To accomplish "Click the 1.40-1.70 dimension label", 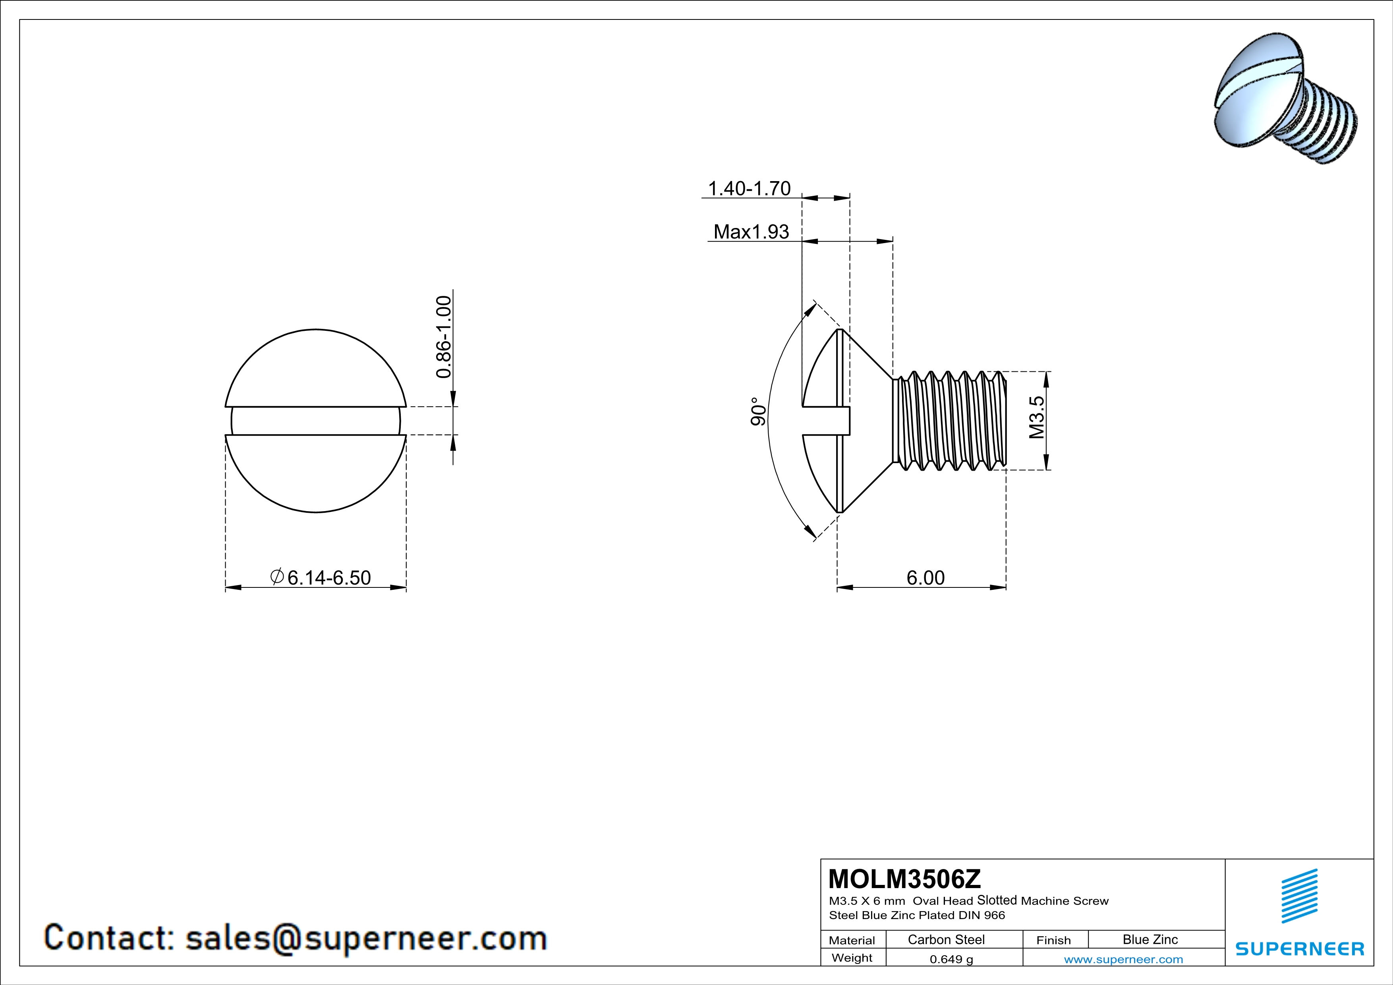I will pyautogui.click(x=749, y=189).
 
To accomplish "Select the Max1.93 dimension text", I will pyautogui.click(x=751, y=232).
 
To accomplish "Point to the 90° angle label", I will pyautogui.click(x=758, y=412).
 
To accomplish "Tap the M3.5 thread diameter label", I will pyautogui.click(x=1037, y=417).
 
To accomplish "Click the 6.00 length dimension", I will pyautogui.click(x=925, y=577).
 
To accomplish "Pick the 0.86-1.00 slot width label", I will pyautogui.click(x=444, y=337).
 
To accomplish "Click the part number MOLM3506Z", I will pyautogui.click(x=904, y=878).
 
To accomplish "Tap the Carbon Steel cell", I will pyautogui.click(x=946, y=939).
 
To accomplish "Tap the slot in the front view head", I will pyautogui.click(x=315, y=421).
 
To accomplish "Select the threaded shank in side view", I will pyautogui.click(x=949, y=421).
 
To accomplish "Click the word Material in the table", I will pyautogui.click(x=852, y=940).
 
